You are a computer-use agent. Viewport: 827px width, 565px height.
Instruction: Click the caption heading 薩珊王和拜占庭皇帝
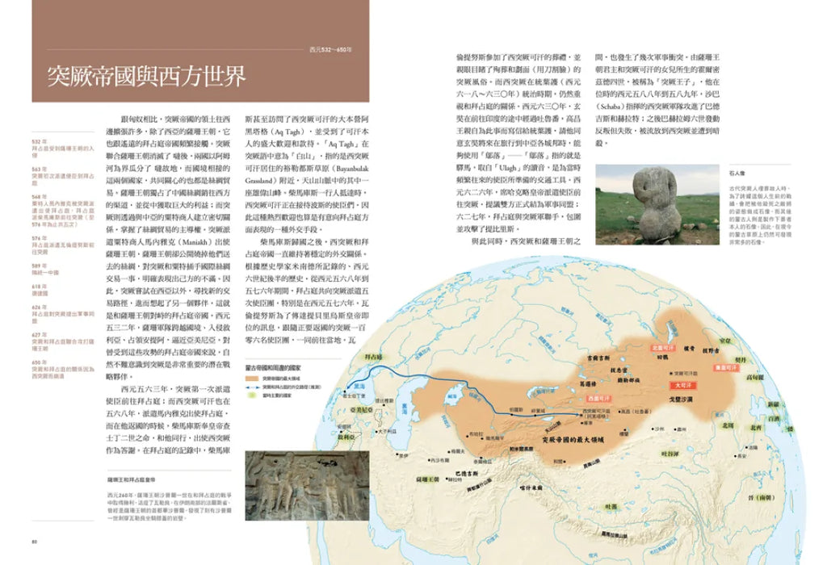(x=135, y=479)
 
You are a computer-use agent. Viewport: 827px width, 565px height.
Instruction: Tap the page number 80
(x=34, y=540)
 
